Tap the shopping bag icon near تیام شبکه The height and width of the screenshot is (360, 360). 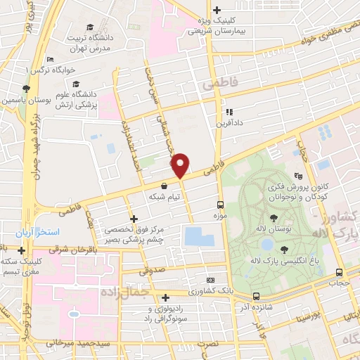[164, 186]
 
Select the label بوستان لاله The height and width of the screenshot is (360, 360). [272, 230]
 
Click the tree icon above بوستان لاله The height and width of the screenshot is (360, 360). [272, 218]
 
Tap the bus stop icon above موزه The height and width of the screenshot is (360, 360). [221, 198]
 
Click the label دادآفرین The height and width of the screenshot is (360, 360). [229, 123]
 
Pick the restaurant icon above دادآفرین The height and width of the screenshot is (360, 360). [229, 111]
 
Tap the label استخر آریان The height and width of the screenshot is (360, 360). [40, 231]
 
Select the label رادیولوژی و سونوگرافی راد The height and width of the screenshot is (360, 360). [165, 314]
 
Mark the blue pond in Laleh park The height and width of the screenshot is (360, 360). [267, 245]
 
